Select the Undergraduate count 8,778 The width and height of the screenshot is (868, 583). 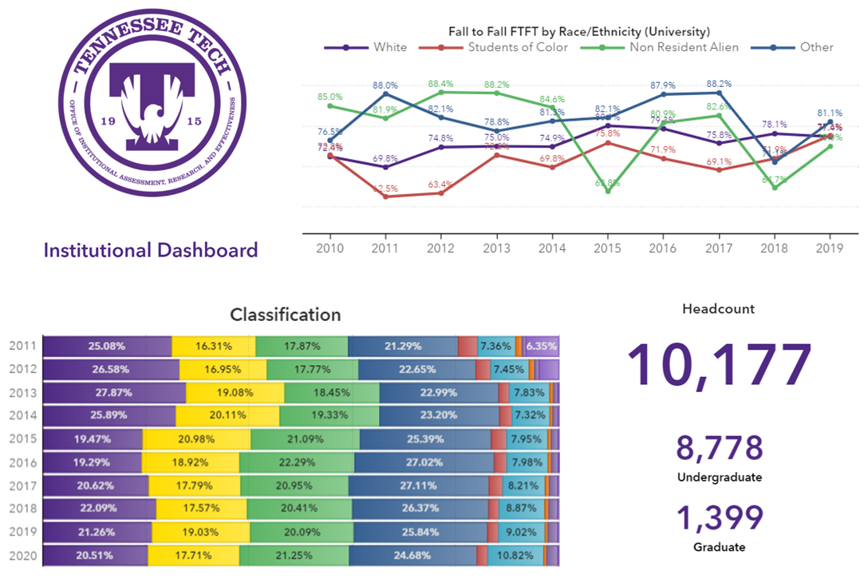pyautogui.click(x=720, y=449)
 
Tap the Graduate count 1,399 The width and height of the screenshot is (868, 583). pyautogui.click(x=720, y=518)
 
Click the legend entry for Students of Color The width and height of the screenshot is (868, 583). pyautogui.click(x=517, y=47)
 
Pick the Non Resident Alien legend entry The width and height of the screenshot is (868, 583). pyautogui.click(x=683, y=47)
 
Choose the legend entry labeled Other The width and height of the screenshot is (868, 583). pyautogui.click(x=815, y=47)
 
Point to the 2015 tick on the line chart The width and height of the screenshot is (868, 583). pyautogui.click(x=608, y=248)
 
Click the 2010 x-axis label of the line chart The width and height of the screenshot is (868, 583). pyautogui.click(x=329, y=248)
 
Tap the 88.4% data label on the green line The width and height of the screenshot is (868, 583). pyautogui.click(x=441, y=83)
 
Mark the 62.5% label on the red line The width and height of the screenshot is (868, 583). pyautogui.click(x=385, y=188)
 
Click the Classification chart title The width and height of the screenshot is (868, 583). pyautogui.click(x=285, y=315)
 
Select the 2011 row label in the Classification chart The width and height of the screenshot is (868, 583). pyautogui.click(x=23, y=346)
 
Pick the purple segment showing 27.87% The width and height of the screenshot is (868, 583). pyautogui.click(x=113, y=393)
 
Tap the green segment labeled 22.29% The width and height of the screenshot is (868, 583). pyautogui.click(x=296, y=462)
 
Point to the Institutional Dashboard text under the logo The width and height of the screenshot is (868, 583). pyautogui.click(x=151, y=250)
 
